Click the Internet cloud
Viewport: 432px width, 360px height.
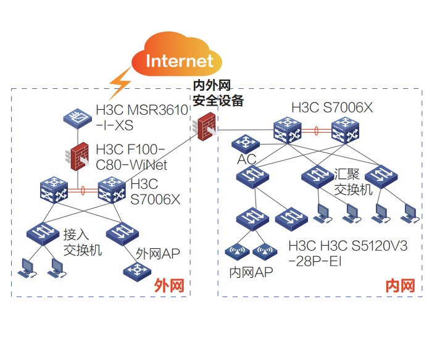point(179,59)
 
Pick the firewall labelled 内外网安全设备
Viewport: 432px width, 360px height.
point(203,126)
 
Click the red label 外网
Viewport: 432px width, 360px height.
point(168,285)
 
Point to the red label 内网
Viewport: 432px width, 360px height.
point(399,285)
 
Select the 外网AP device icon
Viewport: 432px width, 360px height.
point(136,270)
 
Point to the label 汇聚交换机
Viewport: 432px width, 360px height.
point(353,180)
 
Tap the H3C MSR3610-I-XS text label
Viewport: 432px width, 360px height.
point(141,117)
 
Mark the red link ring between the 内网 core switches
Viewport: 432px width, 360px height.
point(315,131)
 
